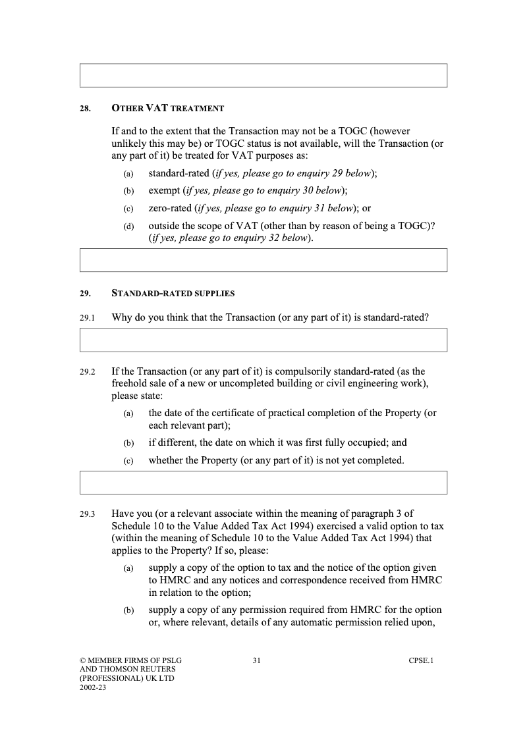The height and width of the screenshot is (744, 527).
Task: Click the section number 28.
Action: pyautogui.click(x=85, y=109)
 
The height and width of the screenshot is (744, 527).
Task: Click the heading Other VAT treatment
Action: pyautogui.click(x=168, y=108)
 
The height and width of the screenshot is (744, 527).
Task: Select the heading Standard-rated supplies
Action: pyautogui.click(x=173, y=293)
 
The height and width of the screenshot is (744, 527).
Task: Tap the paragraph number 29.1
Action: pyautogui.click(x=87, y=318)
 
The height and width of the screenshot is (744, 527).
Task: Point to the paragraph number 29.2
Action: pyautogui.click(x=87, y=372)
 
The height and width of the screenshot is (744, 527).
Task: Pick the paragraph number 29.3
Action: pyautogui.click(x=87, y=514)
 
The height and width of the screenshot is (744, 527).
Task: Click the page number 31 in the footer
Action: pyautogui.click(x=257, y=660)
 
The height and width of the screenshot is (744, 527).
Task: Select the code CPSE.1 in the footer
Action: pyautogui.click(x=421, y=660)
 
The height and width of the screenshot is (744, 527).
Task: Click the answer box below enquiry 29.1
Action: pyautogui.click(x=263, y=340)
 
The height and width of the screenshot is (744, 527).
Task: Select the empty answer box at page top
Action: pyautogui.click(x=263, y=75)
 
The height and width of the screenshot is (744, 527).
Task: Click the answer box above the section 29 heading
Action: pyautogui.click(x=263, y=260)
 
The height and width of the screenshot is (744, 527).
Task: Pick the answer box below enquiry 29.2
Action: pyautogui.click(x=263, y=483)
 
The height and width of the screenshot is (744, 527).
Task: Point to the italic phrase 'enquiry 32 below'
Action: pyautogui.click(x=271, y=238)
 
